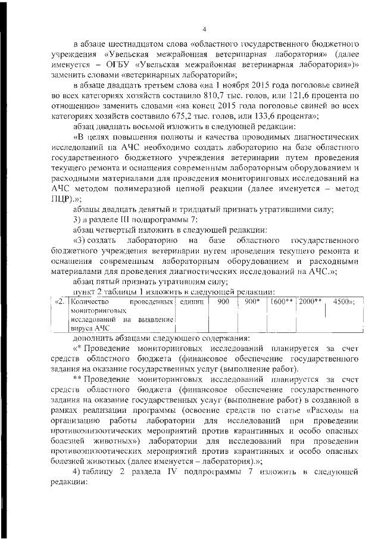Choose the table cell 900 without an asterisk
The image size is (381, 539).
pos(223,301)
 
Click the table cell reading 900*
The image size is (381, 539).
pos(252,301)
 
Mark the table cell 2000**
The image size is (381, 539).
pos(311,301)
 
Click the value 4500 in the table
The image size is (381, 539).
pos(342,301)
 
